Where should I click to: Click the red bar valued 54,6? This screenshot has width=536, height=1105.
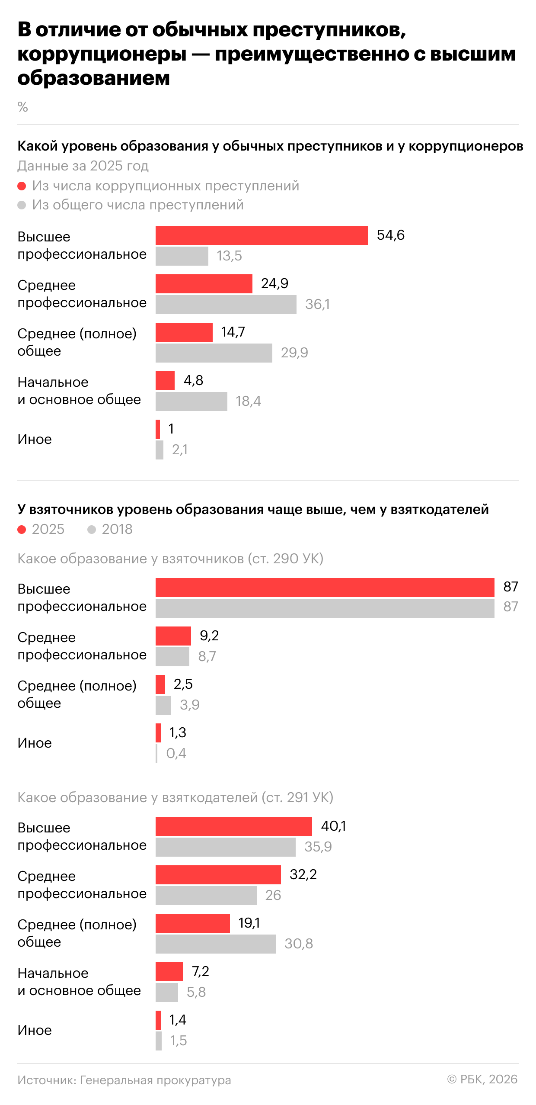(262, 235)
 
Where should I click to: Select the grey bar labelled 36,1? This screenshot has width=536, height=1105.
(226, 305)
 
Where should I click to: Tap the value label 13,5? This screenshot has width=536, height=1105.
(229, 256)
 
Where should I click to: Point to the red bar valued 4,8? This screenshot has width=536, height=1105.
(165, 381)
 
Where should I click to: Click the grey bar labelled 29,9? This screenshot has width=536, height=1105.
(214, 353)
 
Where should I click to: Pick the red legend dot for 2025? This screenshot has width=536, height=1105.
(22, 530)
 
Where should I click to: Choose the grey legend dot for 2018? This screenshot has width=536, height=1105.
(92, 530)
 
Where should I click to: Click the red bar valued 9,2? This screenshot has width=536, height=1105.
(173, 636)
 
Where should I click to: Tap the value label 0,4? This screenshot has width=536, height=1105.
(176, 754)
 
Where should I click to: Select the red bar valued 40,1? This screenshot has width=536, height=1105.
(233, 826)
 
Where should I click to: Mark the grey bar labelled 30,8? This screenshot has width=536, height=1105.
(215, 944)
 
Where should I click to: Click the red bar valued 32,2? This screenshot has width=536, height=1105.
(218, 875)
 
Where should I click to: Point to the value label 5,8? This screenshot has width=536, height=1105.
(196, 993)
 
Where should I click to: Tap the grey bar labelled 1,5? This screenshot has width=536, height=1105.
(159, 1041)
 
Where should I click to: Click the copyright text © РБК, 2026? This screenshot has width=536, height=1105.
(482, 1080)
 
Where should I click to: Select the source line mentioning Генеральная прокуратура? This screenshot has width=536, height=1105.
(124, 1081)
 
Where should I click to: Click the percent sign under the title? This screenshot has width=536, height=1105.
(22, 107)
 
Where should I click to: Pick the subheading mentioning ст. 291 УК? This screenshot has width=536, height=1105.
(175, 797)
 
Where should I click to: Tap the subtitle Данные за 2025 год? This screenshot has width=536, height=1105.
(83, 166)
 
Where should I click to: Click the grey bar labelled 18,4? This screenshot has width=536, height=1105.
(191, 402)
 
